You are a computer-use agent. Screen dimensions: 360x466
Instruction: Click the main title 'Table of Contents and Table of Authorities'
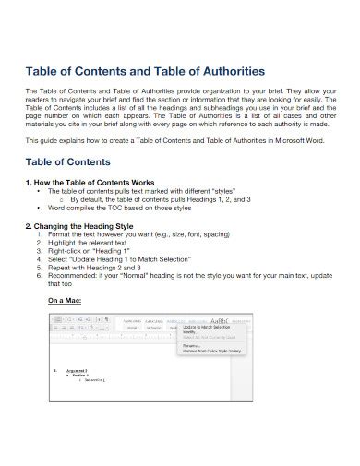pos(147,71)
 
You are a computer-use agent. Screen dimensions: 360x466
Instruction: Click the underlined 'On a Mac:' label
pos(66,300)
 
